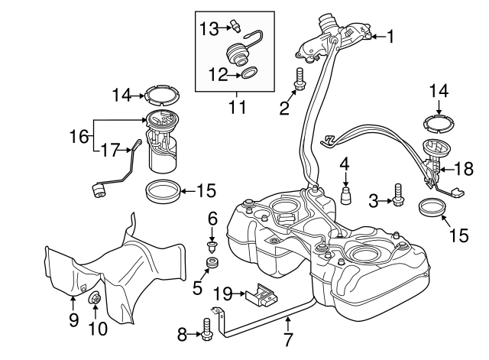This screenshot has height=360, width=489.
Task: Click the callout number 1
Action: (x=390, y=36)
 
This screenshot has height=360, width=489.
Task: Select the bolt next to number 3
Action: (x=397, y=195)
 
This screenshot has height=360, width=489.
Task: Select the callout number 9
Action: (x=74, y=319)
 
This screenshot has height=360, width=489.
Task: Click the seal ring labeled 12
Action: (x=249, y=75)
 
